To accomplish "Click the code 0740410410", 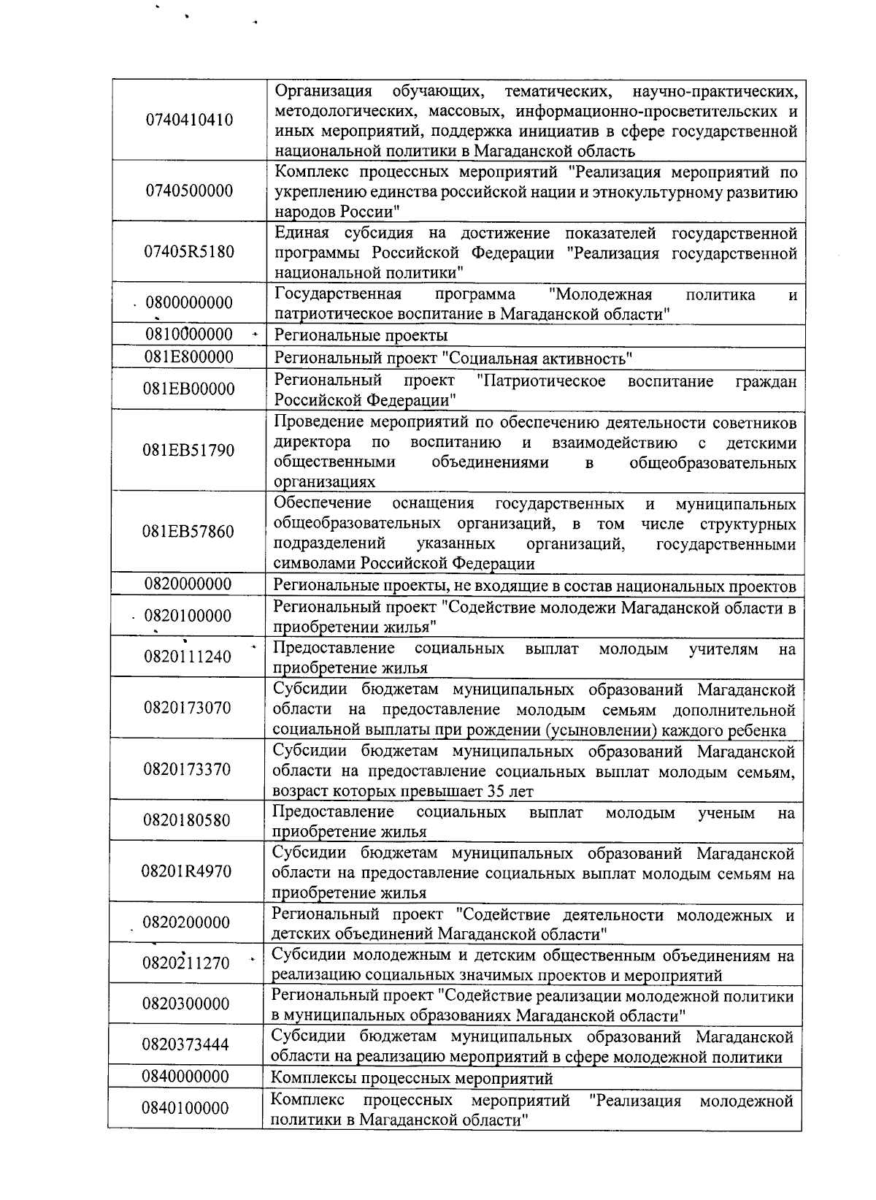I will [190, 120].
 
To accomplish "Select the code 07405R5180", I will [190, 252].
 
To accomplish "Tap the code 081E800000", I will [189, 357].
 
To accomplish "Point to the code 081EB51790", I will [189, 450].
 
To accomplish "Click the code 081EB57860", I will [189, 531].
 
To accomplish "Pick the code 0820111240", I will [188, 657].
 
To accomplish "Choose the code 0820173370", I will [188, 769].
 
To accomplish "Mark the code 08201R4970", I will [187, 871].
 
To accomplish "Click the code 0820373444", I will [185, 1044].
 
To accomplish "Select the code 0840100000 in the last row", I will [185, 1108].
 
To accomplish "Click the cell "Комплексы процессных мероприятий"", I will [412, 1078].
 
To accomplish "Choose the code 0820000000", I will [188, 584].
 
